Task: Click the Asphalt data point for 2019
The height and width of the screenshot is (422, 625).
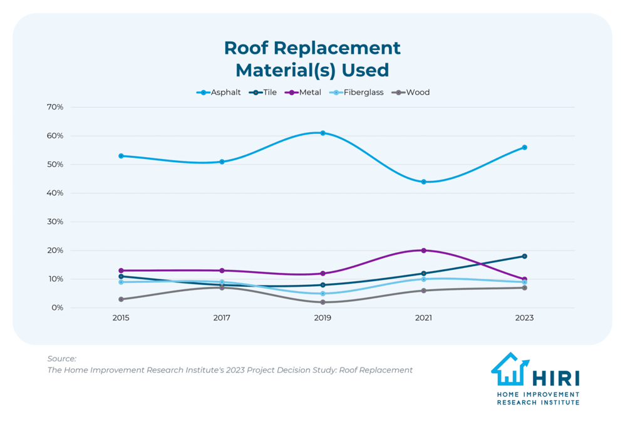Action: [323, 133]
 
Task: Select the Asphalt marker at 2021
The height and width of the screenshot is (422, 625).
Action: [424, 182]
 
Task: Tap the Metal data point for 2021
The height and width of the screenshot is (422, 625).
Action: [424, 250]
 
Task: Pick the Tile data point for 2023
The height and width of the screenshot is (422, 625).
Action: [525, 256]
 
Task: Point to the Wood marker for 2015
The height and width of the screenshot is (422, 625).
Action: [121, 299]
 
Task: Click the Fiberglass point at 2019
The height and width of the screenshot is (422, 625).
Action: [323, 294]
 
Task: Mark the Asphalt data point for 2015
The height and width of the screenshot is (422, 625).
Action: [121, 156]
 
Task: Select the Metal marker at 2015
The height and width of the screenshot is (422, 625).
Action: [121, 270]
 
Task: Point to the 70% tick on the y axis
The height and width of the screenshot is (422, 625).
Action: [55, 107]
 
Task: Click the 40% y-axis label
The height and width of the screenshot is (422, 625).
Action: [55, 193]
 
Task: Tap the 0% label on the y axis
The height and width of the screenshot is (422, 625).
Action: [57, 307]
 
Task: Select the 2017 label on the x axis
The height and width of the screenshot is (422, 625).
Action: [222, 318]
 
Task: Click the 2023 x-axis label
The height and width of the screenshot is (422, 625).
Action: [525, 318]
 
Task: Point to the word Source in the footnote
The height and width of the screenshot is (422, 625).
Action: [61, 359]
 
